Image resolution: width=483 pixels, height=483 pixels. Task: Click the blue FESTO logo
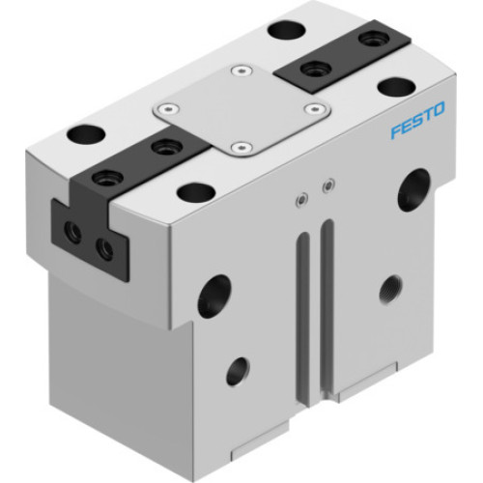coord(416,126)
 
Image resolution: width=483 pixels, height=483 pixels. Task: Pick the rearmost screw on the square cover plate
coord(239,71)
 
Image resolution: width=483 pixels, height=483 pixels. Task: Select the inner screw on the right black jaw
coord(311,68)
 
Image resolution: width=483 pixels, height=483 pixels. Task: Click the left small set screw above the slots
coord(302,199)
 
